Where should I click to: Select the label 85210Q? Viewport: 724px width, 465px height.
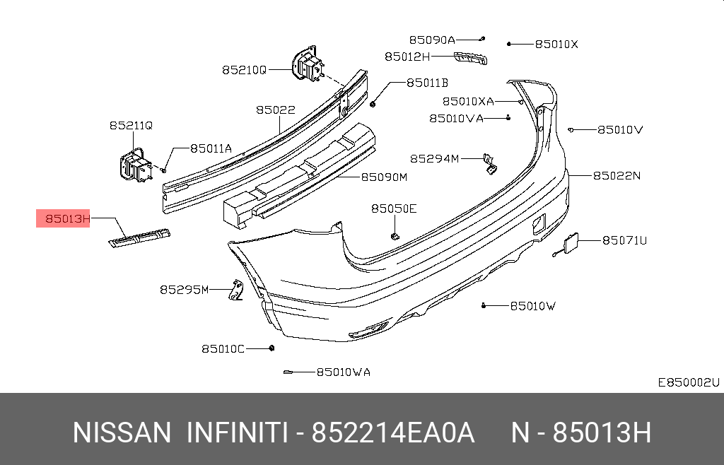click(244, 70)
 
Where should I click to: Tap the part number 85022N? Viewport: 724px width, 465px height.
click(616, 175)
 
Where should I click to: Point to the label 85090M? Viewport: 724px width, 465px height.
click(385, 177)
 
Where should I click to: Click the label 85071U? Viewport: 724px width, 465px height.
click(624, 240)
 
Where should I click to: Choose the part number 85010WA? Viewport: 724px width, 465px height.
click(343, 372)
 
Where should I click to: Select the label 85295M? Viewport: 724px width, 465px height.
click(184, 289)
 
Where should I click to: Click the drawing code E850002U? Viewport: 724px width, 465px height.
click(688, 382)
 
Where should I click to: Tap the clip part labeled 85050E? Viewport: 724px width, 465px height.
click(396, 233)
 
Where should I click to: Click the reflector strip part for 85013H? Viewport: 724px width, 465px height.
click(139, 238)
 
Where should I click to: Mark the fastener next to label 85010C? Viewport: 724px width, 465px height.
click(271, 348)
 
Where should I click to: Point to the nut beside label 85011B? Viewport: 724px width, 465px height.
click(373, 104)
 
